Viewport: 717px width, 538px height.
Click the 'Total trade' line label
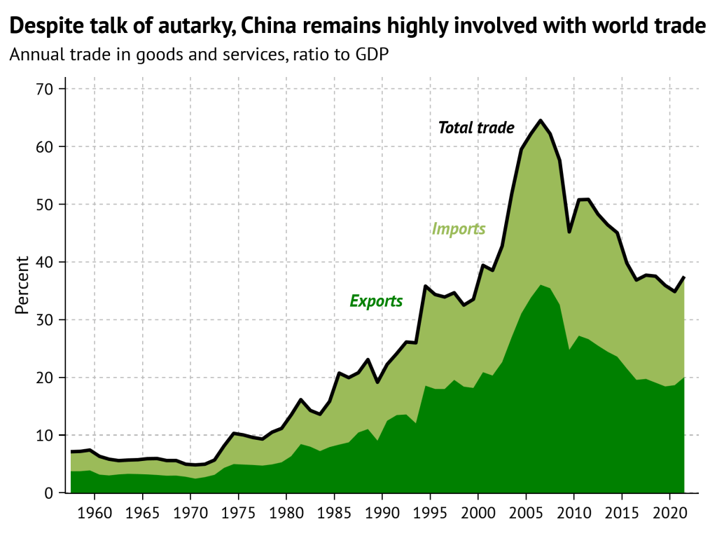tap(476, 127)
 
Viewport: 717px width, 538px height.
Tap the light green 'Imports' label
tap(459, 229)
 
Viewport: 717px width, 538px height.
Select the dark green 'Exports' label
tap(376, 301)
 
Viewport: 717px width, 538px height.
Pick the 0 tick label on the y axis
tap(50, 493)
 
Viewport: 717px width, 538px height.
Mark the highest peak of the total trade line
tap(541, 120)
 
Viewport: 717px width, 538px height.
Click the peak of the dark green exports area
tap(541, 285)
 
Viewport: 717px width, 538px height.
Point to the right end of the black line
tap(683, 277)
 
